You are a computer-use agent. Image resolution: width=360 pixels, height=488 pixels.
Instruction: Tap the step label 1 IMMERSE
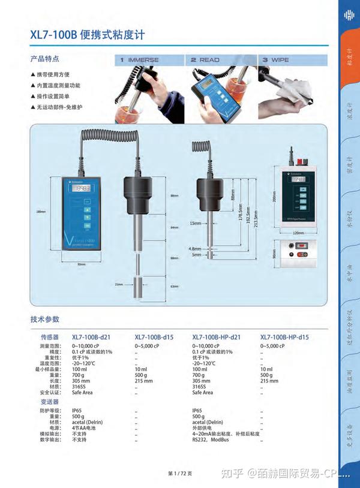(140, 60)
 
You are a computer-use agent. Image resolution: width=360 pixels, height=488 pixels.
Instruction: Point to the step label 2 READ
(205, 60)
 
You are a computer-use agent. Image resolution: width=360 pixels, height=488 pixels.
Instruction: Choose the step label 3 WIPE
(276, 60)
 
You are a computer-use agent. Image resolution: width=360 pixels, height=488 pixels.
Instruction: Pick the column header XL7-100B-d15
(154, 338)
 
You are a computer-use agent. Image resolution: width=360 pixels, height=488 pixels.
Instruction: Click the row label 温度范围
(50, 363)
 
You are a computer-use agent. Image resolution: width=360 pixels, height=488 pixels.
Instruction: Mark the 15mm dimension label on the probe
(196, 224)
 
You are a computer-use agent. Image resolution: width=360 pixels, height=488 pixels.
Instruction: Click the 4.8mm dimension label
(196, 248)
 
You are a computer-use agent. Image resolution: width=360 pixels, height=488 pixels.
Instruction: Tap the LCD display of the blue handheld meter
(80, 188)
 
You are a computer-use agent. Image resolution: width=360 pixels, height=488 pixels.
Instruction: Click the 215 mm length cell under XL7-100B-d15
(144, 381)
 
